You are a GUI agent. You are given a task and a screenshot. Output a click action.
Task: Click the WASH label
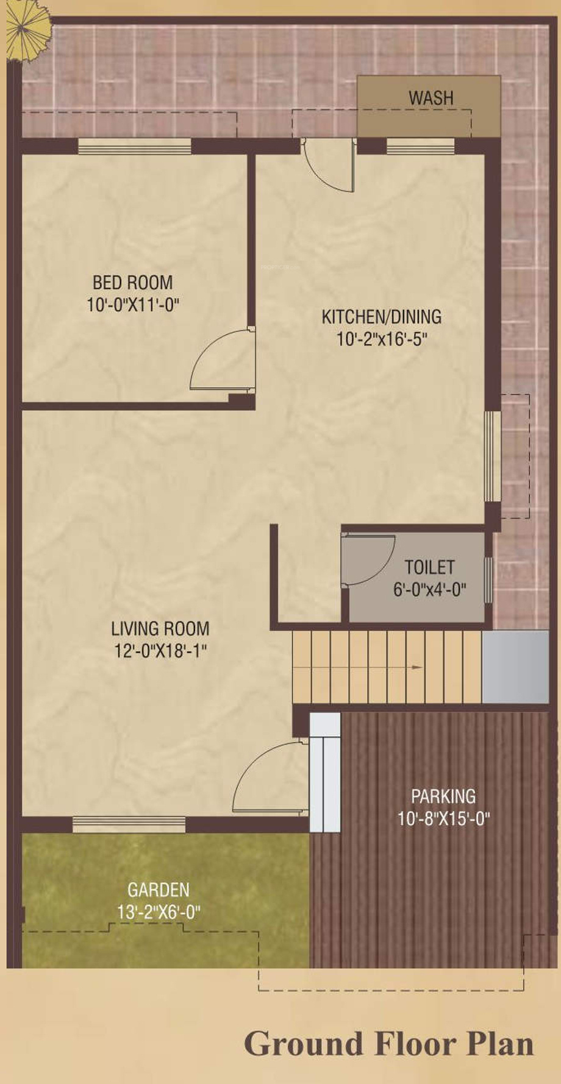[x=431, y=97]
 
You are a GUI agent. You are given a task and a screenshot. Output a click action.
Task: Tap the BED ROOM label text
[x=132, y=282]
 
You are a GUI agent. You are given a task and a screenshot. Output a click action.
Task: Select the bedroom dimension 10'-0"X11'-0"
[x=132, y=304]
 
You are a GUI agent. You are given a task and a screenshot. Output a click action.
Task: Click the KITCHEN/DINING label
[x=382, y=317]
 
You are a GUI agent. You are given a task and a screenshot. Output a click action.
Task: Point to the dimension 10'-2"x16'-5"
[x=382, y=339]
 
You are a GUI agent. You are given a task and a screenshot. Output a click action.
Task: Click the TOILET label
[x=429, y=567]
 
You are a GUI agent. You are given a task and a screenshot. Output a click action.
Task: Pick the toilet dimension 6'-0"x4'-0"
[x=429, y=589]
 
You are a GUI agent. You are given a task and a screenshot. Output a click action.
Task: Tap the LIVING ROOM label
[x=160, y=628]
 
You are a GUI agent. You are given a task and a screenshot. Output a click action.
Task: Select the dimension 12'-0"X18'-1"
[x=160, y=651]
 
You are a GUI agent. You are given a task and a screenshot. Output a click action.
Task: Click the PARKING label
[x=443, y=796]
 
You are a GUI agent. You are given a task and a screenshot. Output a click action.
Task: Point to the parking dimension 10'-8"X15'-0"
[x=443, y=818]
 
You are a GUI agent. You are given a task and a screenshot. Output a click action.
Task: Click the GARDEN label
[x=159, y=890]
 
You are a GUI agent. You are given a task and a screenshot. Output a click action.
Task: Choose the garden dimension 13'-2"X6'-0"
[x=159, y=912]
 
